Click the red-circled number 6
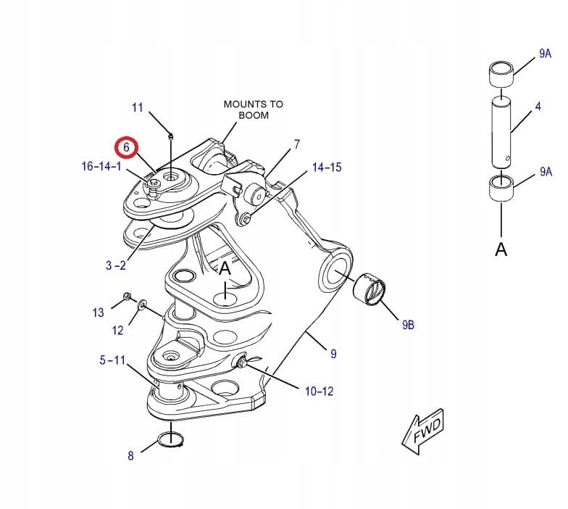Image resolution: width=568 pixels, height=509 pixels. point(127,147)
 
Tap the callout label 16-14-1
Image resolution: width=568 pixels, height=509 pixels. point(101,167)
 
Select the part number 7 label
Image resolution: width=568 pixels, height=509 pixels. point(296,145)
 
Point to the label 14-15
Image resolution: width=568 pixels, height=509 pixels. point(326,167)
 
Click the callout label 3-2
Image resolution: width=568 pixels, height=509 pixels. point(115,265)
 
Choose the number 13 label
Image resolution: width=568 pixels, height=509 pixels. point(98,313)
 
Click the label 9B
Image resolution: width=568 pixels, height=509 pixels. point(407,325)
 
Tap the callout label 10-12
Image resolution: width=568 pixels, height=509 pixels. point(319,392)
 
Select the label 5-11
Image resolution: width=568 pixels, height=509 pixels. point(112,360)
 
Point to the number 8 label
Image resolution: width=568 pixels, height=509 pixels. point(130,456)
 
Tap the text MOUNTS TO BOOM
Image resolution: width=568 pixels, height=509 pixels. point(253,109)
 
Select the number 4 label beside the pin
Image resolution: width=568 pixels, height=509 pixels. point(538,107)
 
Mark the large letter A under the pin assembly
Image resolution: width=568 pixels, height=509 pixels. point(501,249)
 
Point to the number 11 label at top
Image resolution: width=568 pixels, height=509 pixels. point(138,108)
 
